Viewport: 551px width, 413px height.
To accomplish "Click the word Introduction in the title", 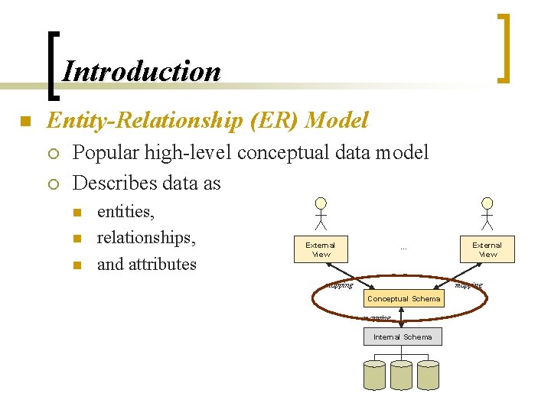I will coord(142,71).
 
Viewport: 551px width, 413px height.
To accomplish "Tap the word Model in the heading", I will coord(336,120).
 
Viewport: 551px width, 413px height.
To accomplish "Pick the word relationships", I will coord(146,238).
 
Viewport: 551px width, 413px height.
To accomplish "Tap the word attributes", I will coord(161,265).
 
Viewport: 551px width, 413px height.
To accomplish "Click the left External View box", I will coord(321,249).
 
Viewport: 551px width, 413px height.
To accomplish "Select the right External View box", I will coord(487,249).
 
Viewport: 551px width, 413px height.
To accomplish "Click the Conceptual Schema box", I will coord(403,299).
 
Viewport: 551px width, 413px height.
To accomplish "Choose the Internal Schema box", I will coord(403,337).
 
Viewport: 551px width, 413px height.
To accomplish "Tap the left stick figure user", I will coord(321,213).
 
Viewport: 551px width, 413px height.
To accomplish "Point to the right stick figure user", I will coord(487,213).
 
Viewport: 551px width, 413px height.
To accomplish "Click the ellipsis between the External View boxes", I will coord(403,248).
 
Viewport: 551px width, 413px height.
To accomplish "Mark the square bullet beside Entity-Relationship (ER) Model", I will coord(24,121).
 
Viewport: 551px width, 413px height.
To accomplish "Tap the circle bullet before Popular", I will coord(52,153).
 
